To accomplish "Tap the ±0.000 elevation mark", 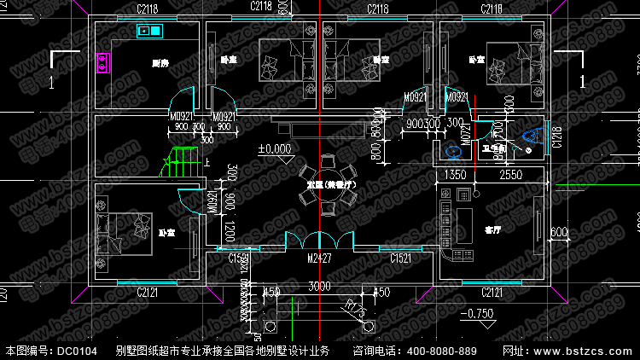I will tap(276, 148).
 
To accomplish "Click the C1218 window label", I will tap(556, 136).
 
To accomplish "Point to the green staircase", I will tap(181, 160).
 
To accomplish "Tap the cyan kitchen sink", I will tap(149, 32).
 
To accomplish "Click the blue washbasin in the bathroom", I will tap(454, 152).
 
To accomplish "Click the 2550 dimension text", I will tap(511, 175).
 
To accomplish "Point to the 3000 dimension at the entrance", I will tap(320, 285).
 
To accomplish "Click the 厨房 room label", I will tap(160, 63).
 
